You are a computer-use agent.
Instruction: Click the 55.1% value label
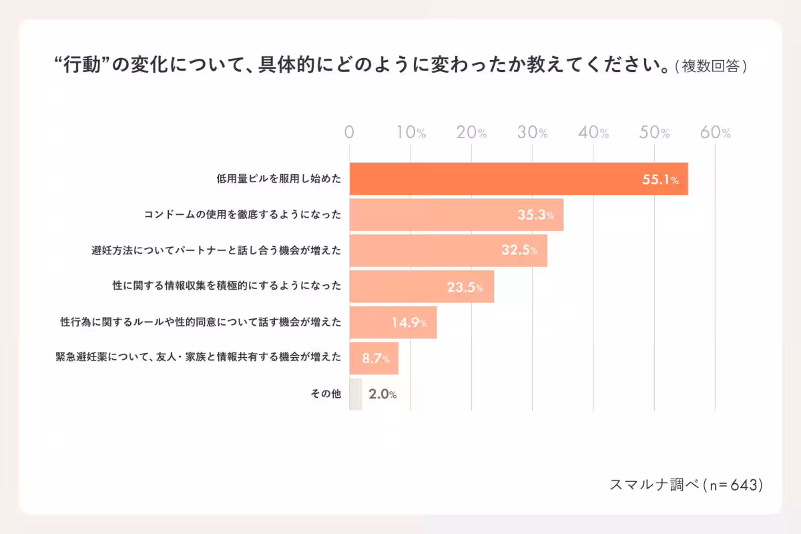660,180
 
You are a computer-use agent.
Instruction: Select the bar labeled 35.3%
456,215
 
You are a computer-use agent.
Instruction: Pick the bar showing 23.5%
421,287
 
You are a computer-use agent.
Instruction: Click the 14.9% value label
409,323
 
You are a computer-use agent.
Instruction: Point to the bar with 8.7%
374,359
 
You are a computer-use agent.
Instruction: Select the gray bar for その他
356,394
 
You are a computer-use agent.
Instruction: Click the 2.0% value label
382,394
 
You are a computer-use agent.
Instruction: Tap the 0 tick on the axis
349,133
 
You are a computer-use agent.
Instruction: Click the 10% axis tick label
411,133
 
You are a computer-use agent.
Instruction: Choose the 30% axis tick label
533,133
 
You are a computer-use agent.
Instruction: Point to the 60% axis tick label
716,133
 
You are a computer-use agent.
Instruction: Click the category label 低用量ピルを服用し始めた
278,179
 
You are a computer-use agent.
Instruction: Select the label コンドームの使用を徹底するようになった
242,215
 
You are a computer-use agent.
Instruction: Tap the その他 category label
326,394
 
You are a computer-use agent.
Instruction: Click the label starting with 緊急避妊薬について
198,358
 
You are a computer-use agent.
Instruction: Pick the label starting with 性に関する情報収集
226,287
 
